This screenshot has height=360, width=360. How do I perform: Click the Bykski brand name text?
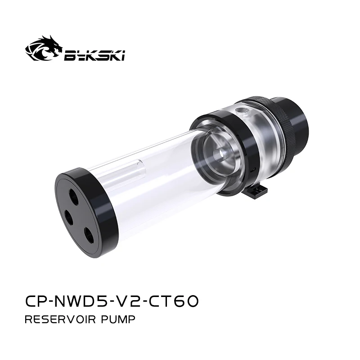pos(94,55)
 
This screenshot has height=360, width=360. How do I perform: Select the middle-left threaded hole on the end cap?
pos(69,216)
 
